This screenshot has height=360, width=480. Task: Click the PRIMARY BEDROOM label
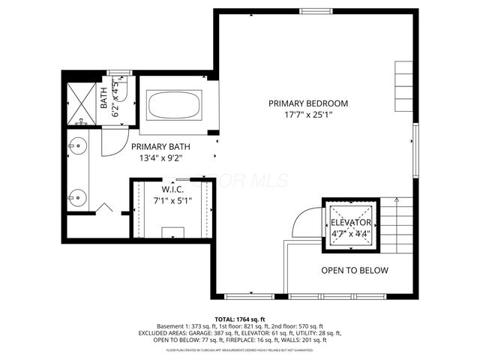pos(308,103)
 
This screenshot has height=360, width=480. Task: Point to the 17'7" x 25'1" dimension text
pos(308,115)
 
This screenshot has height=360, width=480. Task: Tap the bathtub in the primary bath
pos(174,104)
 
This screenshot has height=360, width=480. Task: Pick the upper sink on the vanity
pos(76,147)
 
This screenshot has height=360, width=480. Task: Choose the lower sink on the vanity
pos(76,197)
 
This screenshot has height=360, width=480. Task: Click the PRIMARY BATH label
pos(160,147)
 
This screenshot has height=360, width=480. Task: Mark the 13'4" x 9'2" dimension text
pos(160,158)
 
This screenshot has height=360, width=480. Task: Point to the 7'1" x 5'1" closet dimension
pos(172,200)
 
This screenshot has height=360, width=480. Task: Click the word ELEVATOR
pos(351,223)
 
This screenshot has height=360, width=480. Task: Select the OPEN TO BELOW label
pos(355,270)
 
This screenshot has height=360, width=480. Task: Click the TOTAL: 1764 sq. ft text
pos(240,319)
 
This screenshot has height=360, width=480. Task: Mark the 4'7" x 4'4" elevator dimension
pos(351,234)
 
